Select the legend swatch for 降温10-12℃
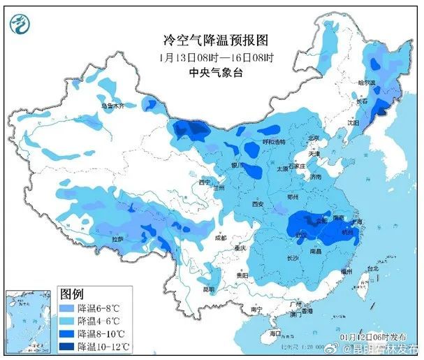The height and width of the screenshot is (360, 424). [x=68, y=346]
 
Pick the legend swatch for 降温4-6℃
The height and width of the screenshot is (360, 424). [x=68, y=320]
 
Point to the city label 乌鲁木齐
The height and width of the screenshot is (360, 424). [x=112, y=106]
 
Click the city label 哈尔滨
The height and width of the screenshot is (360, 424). [x=366, y=82]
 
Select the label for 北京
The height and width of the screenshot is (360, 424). [x=314, y=138]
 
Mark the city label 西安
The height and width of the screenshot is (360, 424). [x=257, y=204]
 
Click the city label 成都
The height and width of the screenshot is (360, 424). [x=221, y=238]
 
